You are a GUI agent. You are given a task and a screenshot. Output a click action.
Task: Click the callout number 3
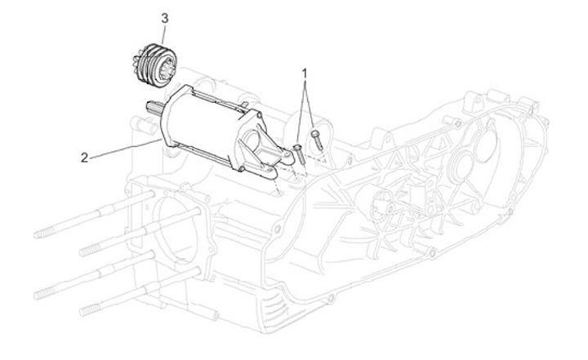165,17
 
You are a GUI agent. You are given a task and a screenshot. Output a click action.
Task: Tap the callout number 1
305,73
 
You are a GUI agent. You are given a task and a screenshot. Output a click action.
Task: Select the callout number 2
84,157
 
